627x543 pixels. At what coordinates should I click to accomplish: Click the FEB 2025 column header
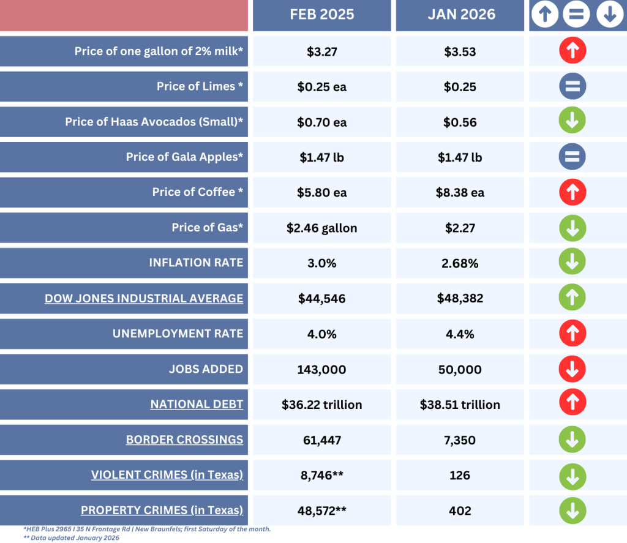click(322, 15)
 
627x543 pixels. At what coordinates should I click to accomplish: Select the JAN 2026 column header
click(460, 15)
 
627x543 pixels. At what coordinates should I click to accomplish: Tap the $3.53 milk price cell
click(460, 51)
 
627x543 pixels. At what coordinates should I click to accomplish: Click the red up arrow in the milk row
click(573, 51)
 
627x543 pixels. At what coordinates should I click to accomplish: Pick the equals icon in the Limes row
click(573, 86)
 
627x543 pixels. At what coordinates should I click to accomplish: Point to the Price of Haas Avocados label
click(154, 122)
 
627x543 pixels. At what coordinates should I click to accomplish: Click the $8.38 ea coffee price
click(460, 192)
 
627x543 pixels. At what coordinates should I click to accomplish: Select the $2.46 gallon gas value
click(322, 228)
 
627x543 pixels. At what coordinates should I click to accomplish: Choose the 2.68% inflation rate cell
click(460, 263)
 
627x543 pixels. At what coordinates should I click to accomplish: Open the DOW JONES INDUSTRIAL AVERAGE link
click(144, 298)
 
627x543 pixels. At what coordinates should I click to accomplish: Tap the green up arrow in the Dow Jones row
click(573, 298)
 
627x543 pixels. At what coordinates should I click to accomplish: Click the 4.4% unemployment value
click(460, 334)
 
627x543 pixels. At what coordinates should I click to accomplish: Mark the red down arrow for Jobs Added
click(573, 369)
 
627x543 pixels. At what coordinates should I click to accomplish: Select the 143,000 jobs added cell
click(322, 369)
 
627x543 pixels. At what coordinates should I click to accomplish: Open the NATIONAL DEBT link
click(197, 404)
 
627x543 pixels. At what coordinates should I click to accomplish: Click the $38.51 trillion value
click(460, 405)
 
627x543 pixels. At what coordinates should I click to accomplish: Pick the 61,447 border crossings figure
click(322, 440)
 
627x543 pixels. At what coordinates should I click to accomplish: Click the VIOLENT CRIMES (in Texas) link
click(167, 475)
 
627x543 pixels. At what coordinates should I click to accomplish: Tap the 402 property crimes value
click(460, 511)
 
